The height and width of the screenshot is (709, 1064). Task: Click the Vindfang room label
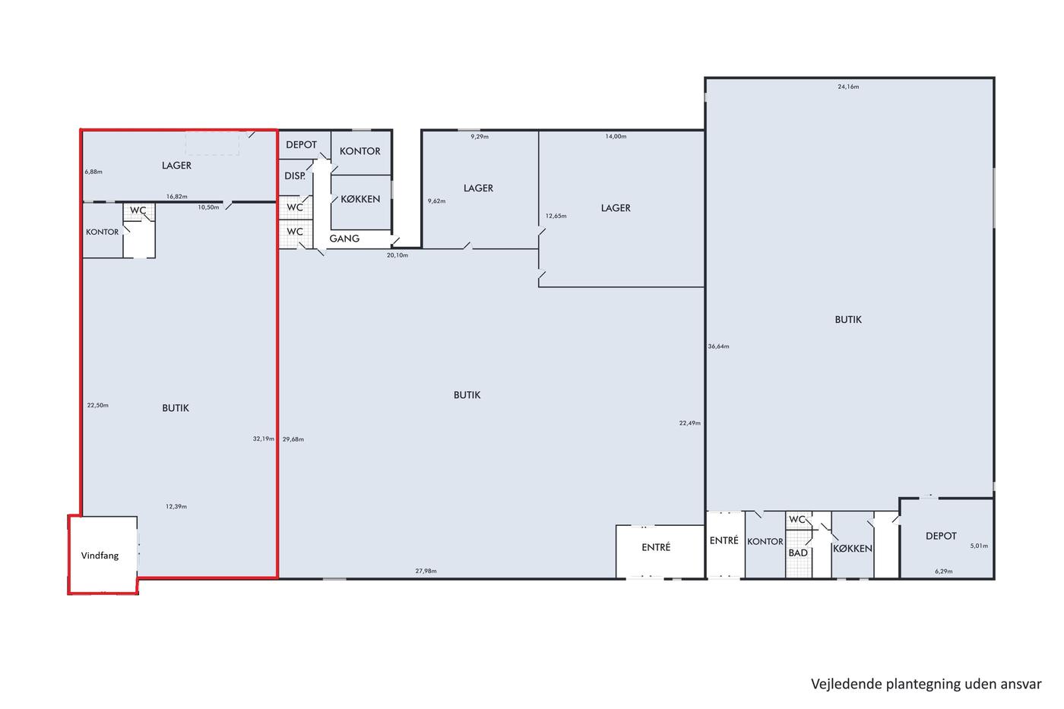point(100,555)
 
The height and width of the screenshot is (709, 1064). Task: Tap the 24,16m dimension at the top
point(848,87)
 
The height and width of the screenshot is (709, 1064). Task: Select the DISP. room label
point(295,176)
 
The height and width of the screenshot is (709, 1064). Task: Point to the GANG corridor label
point(344,239)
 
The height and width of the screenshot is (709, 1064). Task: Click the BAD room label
point(798,552)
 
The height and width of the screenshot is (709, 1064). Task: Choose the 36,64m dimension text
point(719,347)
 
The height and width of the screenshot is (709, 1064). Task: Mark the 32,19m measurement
point(264,438)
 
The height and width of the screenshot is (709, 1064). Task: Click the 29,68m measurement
point(293,439)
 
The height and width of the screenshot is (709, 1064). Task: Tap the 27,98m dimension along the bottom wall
point(426,571)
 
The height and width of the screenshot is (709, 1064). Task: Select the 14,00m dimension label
point(616,136)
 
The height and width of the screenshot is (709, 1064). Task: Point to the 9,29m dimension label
point(480,136)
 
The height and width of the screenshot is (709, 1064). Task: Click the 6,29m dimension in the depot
point(944,571)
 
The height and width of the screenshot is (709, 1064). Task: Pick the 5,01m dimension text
point(979,546)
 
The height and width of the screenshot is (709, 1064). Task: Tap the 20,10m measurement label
point(397,255)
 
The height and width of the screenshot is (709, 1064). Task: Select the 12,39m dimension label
point(176,506)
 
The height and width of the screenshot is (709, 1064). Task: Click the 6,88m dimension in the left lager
point(93,172)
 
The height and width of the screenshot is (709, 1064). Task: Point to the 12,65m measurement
point(556,216)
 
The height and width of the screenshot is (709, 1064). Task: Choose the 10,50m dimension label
point(208,207)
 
